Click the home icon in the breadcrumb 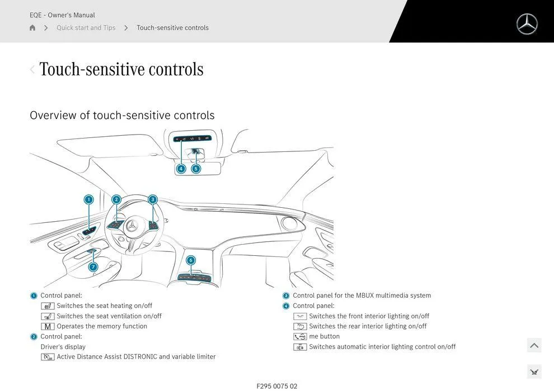[32, 28]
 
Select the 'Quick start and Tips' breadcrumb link [86, 28]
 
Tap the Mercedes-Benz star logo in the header [527, 25]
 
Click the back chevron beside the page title [32, 69]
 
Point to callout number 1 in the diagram [88, 199]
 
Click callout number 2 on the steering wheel [116, 199]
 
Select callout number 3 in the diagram [153, 199]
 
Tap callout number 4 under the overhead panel [181, 169]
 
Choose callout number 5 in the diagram [196, 169]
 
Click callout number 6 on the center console [191, 260]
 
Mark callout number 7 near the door [93, 267]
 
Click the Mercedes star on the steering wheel [133, 226]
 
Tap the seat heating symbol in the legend [48, 306]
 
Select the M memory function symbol [48, 326]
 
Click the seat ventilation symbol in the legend [48, 316]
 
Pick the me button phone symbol [300, 337]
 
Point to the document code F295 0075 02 [277, 387]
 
